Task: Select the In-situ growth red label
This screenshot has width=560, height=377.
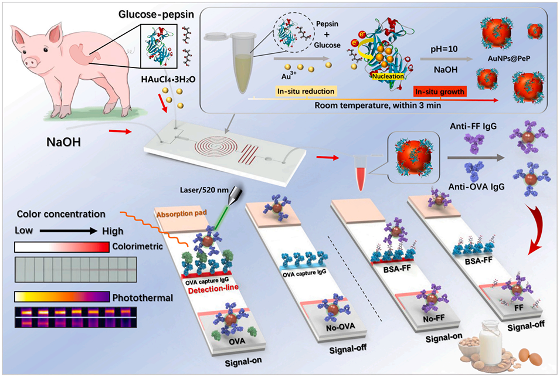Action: click(x=437, y=91)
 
